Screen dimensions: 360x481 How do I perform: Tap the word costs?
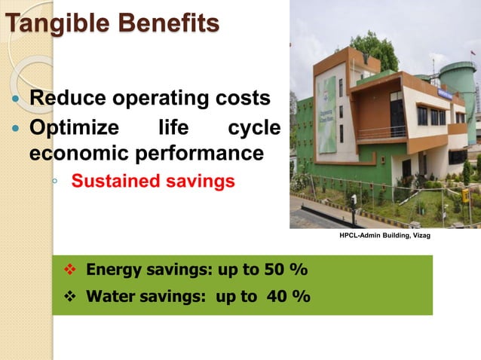243,99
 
